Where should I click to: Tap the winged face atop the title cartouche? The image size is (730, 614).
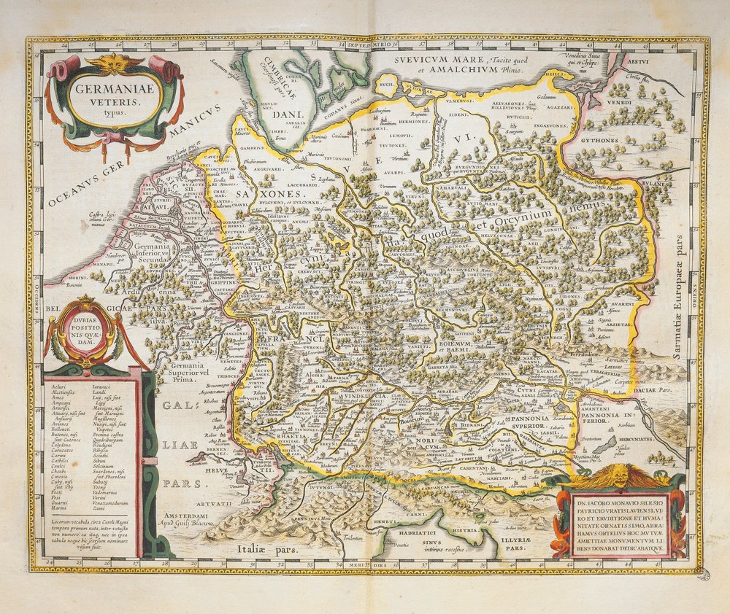pos(115,64)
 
